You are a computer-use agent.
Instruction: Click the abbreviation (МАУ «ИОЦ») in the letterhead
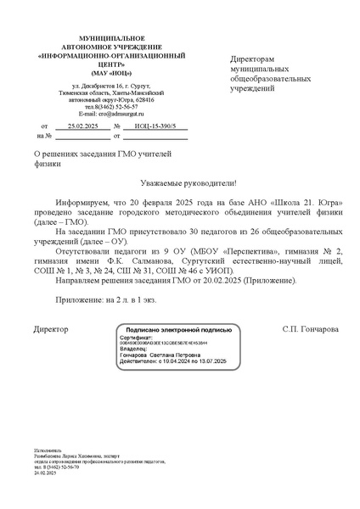tap(99, 72)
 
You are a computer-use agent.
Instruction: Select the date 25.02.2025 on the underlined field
tap(83, 125)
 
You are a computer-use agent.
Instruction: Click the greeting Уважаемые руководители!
tap(188, 183)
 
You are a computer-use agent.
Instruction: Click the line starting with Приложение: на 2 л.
tap(106, 301)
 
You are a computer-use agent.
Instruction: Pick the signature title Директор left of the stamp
tap(50, 327)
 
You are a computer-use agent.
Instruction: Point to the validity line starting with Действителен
tap(174, 361)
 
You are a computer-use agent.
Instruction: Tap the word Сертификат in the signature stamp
tap(138, 337)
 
